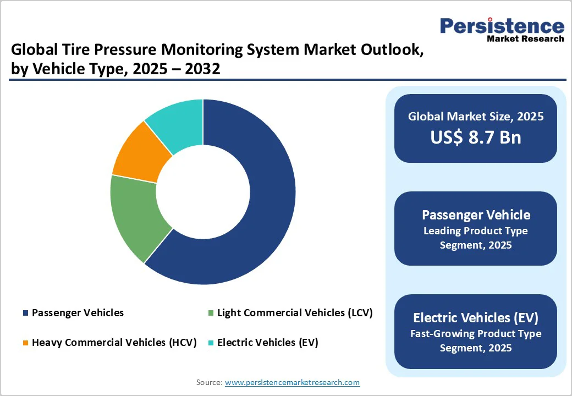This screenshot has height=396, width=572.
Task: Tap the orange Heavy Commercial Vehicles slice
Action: click(140, 151)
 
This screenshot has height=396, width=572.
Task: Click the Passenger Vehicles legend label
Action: click(78, 313)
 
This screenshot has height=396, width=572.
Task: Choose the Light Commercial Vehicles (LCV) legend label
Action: click(295, 313)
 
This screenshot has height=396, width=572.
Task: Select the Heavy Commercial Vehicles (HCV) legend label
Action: click(114, 343)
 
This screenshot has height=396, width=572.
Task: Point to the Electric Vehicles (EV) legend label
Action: click(267, 343)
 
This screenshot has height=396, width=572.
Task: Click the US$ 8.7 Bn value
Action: click(475, 137)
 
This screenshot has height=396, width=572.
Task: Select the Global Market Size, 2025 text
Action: click(475, 117)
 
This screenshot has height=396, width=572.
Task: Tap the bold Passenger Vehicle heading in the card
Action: click(475, 215)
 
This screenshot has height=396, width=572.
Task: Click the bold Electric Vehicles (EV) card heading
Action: click(475, 317)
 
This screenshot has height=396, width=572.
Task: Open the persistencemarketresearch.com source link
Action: click(292, 382)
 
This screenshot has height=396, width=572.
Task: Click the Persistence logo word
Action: click(502, 26)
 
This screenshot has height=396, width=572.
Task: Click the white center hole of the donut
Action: click(203, 192)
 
